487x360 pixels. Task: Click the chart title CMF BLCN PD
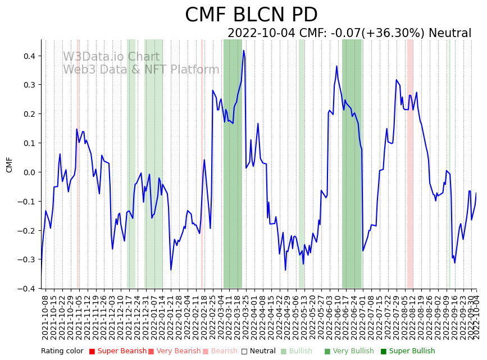[x=251, y=15]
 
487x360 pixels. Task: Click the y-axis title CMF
[x=9, y=165]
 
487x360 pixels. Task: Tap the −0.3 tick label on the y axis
[x=26, y=259]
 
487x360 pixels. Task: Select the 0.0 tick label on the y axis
[x=28, y=172]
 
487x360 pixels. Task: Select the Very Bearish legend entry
[x=174, y=351]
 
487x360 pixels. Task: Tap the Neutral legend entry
[x=260, y=351]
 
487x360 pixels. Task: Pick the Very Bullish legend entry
[x=349, y=351]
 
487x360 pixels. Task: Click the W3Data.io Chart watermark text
[x=111, y=57]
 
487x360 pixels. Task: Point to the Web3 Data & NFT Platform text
[x=141, y=70]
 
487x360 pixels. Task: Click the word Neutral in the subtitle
[x=449, y=33]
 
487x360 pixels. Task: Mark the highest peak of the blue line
[x=244, y=50]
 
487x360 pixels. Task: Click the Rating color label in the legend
[x=62, y=351]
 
